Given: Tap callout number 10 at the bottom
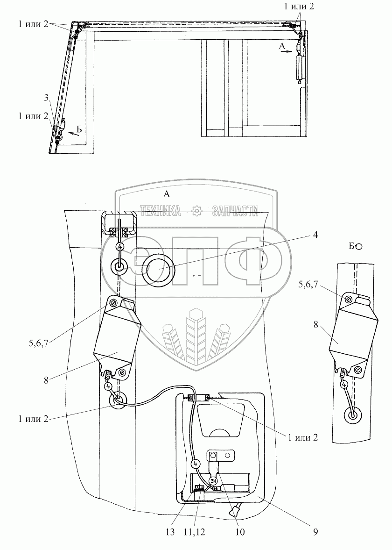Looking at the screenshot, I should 239,531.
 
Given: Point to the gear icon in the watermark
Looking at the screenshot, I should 196,211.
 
